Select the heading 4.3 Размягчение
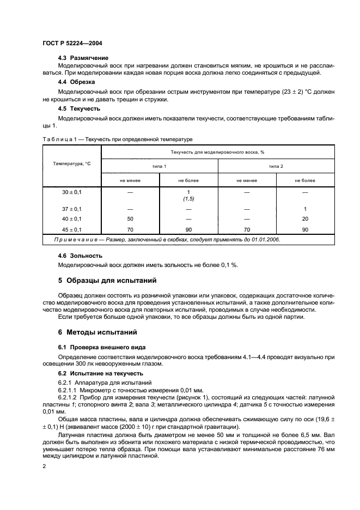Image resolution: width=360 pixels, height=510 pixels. pyautogui.click(x=83, y=58)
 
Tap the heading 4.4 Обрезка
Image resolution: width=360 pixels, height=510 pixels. pyautogui.click(x=77, y=82)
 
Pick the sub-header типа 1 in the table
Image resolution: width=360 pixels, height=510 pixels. pyautogui.click(x=160, y=165)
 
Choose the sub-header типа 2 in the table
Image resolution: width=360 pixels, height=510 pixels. pyautogui.click(x=276, y=165)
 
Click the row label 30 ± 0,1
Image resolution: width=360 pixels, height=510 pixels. pyautogui.click(x=72, y=192)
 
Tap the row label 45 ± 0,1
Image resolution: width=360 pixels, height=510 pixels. pyautogui.click(x=72, y=230)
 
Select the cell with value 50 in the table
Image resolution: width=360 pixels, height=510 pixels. pyautogui.click(x=130, y=219)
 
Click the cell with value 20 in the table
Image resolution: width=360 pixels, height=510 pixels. pyautogui.click(x=305, y=219)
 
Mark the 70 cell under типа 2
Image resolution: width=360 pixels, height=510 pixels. pyautogui.click(x=247, y=230)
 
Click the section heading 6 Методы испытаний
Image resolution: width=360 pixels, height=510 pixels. pyautogui.click(x=97, y=332)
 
